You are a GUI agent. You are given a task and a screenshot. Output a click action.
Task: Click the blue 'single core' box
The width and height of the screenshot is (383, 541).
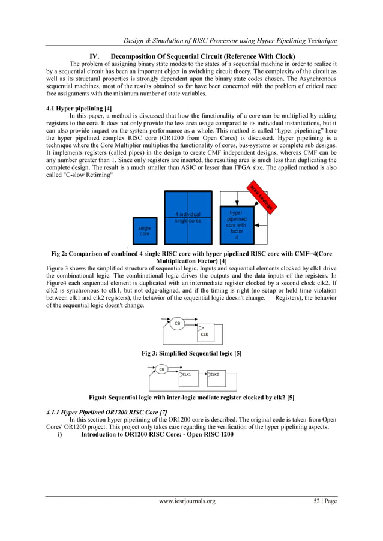[145, 230]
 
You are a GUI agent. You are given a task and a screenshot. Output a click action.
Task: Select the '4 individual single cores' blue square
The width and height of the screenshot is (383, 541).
[188, 217]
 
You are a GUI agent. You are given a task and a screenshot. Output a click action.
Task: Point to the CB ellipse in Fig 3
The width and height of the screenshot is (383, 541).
[177, 323]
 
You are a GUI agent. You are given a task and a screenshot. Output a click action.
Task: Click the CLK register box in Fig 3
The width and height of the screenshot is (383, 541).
[204, 333]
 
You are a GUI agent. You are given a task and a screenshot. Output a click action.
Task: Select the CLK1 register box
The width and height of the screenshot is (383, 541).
[188, 374]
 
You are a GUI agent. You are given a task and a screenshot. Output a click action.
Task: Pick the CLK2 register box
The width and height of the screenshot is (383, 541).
[215, 374]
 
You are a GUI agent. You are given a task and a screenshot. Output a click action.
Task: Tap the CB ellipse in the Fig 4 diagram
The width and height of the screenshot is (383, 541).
[161, 370]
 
